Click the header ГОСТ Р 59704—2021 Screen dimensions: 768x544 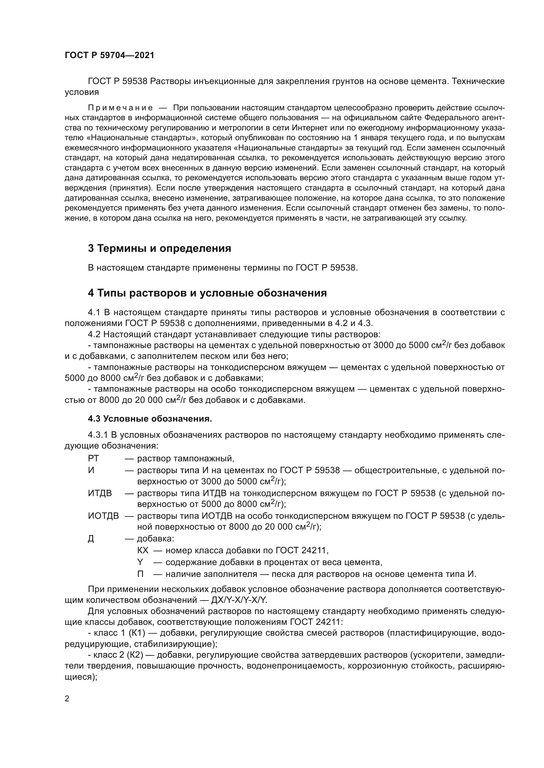tap(110, 55)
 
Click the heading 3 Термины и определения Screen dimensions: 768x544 tap(160, 248)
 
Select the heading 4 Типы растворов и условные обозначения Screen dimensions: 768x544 tap(207, 293)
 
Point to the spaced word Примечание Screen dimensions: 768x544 tap(120, 108)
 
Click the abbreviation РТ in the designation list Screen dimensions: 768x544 tap(93, 458)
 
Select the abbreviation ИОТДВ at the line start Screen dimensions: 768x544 tap(103, 516)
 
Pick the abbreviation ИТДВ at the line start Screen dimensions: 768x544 tap(100, 493)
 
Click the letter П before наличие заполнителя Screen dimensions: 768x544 tap(140, 574)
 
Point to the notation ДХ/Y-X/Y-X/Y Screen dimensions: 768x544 tap(239, 600)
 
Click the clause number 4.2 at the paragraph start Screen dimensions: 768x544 tap(94, 334)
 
